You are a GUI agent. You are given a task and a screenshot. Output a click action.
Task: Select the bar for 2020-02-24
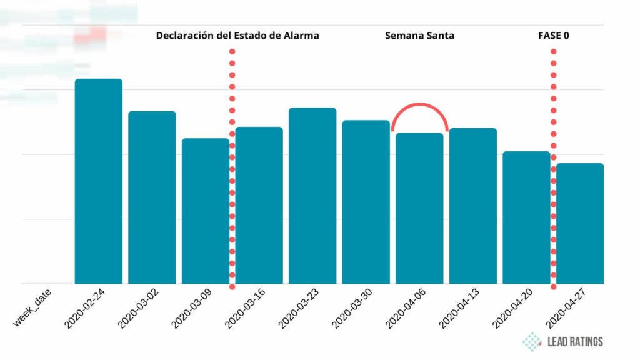(x=98, y=181)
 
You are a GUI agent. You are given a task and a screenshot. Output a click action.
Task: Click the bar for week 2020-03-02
(x=152, y=197)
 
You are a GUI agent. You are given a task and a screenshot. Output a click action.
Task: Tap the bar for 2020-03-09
(x=205, y=211)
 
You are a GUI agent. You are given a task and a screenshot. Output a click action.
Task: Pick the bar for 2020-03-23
(x=312, y=196)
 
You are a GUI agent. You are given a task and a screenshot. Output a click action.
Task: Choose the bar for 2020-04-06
(x=419, y=208)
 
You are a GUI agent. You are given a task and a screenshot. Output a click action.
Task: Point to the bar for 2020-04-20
(x=526, y=217)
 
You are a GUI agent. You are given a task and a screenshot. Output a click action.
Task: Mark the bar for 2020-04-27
(x=581, y=224)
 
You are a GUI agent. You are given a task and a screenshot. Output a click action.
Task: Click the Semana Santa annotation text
(x=419, y=36)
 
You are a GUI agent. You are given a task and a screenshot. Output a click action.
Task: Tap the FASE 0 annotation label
(x=553, y=36)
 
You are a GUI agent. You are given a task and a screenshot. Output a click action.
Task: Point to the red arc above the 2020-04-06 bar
(x=419, y=106)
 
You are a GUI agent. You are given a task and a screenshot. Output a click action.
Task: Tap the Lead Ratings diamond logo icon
(x=532, y=341)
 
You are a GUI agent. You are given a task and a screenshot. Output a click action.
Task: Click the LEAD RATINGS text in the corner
(x=575, y=342)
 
